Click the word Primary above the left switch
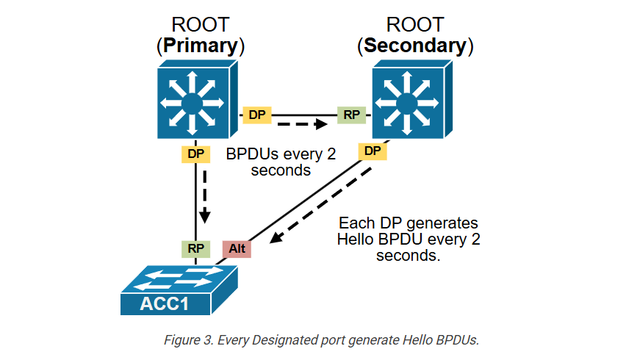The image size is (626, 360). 201,46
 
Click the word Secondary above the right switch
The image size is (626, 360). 415,46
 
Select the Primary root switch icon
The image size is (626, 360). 197,99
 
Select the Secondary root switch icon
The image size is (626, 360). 412,99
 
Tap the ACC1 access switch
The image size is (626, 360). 179,290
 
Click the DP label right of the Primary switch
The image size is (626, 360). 257,115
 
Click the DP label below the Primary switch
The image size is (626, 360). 196,154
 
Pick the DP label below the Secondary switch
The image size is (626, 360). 373,151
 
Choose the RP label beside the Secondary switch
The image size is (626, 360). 352,115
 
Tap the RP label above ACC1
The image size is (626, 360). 196,249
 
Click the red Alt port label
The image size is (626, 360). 237,249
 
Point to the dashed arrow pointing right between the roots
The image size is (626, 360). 302,124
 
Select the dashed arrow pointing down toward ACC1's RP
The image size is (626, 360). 205,197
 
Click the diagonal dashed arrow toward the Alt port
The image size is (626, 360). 320,206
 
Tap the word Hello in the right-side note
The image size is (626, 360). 356,240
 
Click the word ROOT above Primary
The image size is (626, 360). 201,25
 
